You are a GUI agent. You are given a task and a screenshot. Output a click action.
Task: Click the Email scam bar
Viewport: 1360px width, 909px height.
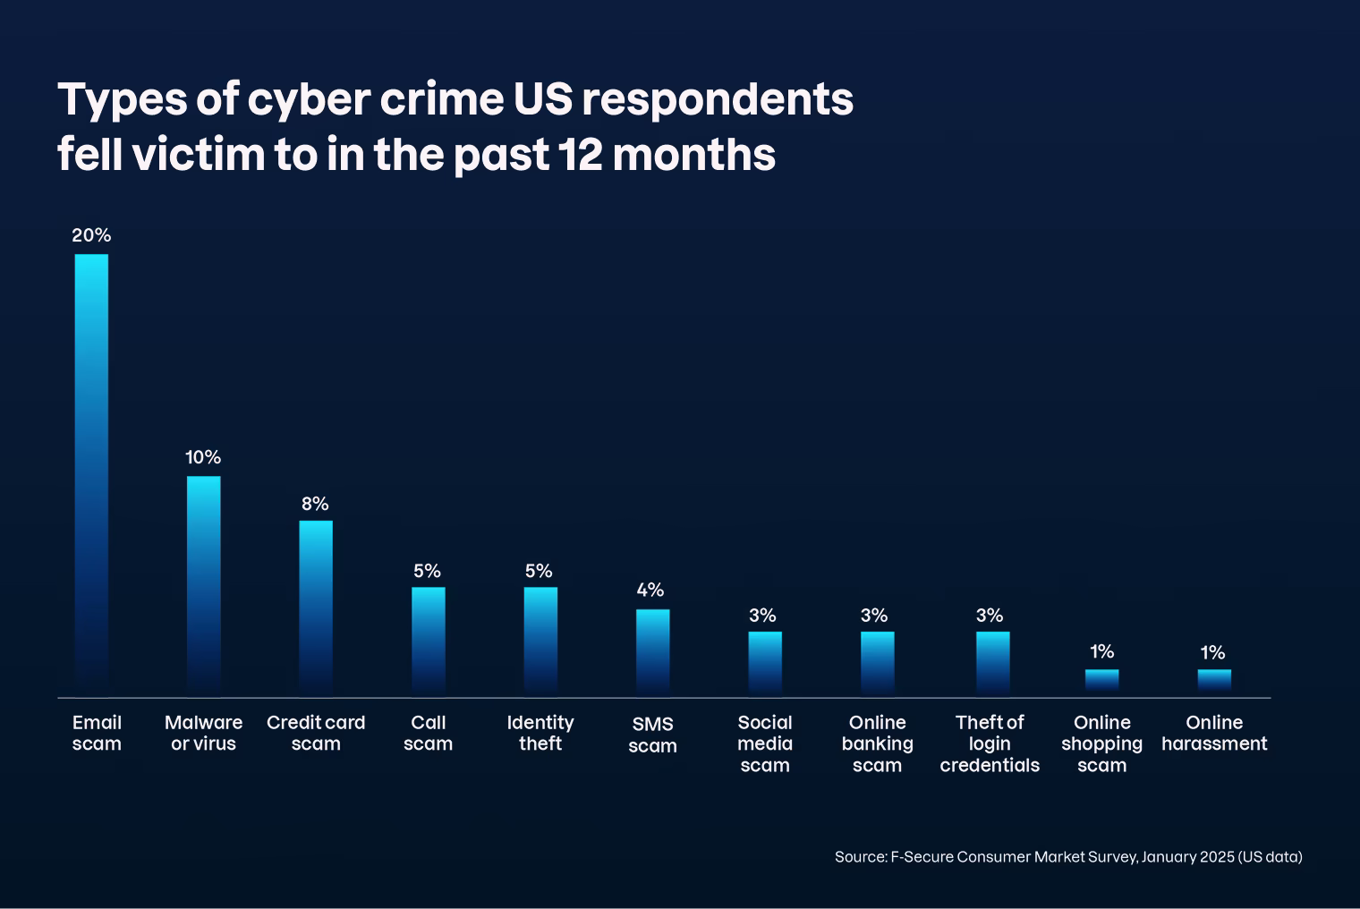pos(91,474)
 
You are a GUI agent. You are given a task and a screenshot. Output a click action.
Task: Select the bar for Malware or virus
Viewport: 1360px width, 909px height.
pos(203,586)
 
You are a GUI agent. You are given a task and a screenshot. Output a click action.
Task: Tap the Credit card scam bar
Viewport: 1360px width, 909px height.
pos(315,608)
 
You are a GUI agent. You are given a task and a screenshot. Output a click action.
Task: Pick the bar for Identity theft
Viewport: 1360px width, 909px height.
pos(540,641)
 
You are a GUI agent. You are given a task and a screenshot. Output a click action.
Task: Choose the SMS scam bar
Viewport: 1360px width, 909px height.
pos(652,652)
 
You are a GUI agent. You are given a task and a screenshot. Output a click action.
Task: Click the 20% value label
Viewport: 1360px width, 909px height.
pos(91,235)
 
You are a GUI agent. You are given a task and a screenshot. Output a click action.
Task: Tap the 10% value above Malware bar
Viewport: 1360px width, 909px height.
pos(203,457)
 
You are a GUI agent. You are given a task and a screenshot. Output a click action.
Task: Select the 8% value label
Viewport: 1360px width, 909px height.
pos(315,504)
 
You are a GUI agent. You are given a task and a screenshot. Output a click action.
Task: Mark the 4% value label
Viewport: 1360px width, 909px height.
pos(650,590)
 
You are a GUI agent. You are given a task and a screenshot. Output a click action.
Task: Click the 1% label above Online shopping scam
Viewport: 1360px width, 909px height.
pos(1102,651)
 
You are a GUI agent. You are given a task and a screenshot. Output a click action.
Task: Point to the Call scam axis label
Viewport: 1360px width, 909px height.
pos(428,733)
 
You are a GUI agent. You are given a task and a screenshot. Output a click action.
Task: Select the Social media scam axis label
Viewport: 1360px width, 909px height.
pos(765,743)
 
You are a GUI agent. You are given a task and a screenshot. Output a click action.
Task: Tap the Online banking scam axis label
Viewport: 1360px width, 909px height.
pos(877,743)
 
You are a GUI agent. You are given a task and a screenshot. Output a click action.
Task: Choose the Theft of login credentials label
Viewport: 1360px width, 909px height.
pos(990,743)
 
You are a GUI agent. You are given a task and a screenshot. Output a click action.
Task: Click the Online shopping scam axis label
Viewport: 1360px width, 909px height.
pos(1101,743)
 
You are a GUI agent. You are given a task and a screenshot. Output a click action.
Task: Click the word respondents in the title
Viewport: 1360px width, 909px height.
pos(718,100)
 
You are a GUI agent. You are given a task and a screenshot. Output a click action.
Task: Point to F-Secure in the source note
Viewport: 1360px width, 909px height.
pos(921,857)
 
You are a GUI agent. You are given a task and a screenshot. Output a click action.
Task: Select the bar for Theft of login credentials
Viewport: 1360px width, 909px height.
pos(992,663)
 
